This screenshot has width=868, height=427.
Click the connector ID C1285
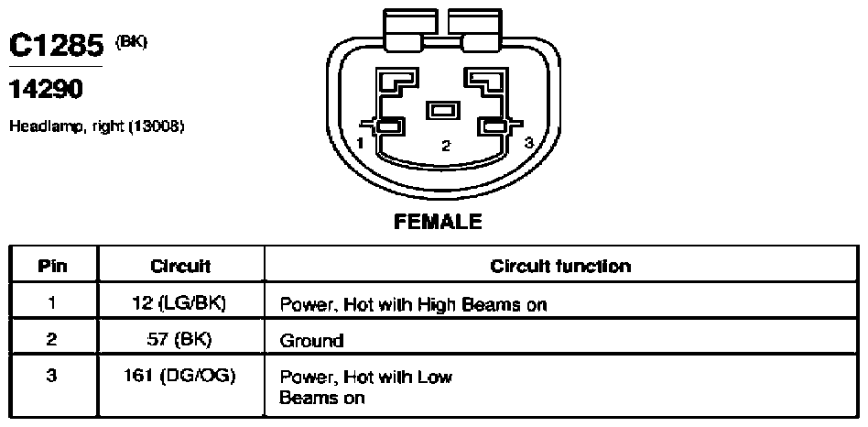pos(57,47)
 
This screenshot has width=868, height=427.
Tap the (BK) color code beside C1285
pos(131,42)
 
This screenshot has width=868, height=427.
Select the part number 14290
pos(46,89)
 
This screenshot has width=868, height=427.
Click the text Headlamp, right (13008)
pos(96,126)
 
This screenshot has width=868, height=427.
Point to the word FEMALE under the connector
pos(438,222)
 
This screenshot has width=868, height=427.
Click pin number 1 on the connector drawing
pos(361,144)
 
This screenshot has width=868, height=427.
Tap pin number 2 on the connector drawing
pos(446,147)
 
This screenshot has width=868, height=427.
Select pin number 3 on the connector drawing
pos(529,143)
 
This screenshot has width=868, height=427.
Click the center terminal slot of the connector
pos(442,110)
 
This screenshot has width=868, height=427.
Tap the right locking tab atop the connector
pos(475,30)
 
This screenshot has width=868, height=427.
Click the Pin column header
pos(52,267)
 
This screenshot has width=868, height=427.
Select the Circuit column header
pos(180,267)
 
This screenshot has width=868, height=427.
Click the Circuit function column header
pos(560,267)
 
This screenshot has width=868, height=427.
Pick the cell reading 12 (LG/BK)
pos(181,303)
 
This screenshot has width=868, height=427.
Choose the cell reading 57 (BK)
pos(180,339)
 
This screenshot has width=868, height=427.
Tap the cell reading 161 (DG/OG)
pos(180,376)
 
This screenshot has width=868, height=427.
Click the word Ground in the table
pos(311,340)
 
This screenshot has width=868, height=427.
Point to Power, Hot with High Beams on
pos(413,304)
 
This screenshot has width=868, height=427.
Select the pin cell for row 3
pos(52,386)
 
